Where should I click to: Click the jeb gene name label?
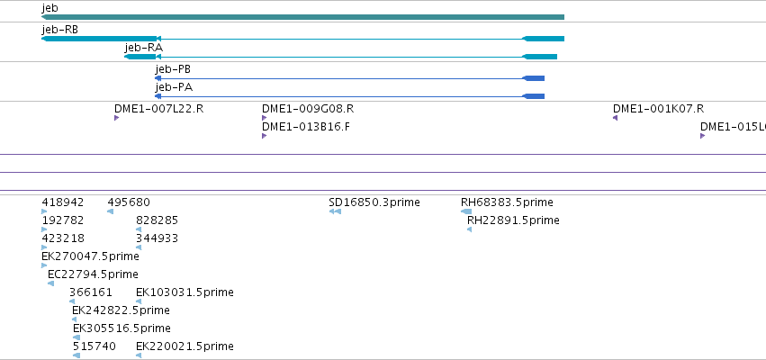click(50, 8)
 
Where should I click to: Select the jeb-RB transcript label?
click(60, 30)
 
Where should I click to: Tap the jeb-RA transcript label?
click(144, 48)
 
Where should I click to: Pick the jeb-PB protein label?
click(173, 69)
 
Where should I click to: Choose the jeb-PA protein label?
click(174, 87)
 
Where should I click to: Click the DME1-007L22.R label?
click(158, 109)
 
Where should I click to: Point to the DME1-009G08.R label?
click(308, 109)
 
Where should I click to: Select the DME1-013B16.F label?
click(306, 127)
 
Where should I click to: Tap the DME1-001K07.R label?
click(659, 109)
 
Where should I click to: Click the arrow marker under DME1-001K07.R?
click(615, 118)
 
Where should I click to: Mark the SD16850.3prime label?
click(374, 202)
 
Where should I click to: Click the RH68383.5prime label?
click(507, 202)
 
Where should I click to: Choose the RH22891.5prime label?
click(513, 220)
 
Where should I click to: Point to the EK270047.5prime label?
click(90, 256)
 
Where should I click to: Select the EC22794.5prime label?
click(93, 274)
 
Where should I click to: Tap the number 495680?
click(129, 202)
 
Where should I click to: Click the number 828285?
click(157, 220)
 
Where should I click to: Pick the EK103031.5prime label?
click(185, 292)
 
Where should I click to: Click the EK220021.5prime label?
click(185, 346)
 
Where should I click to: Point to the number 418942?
click(63, 202)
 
